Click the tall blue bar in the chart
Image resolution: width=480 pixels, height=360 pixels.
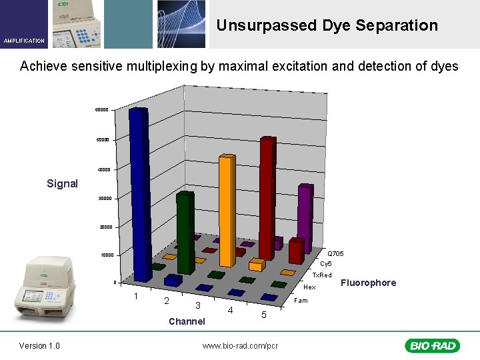pos(139,193)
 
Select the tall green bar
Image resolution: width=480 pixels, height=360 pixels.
pos(185,233)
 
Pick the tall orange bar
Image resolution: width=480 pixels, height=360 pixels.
pos(227,210)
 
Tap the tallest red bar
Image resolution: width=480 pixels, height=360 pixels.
pos(267,197)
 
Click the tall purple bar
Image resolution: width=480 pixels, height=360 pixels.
pos(305,217)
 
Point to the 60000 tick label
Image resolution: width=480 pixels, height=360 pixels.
pos(101,109)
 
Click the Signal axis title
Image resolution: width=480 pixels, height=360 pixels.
pos(62,184)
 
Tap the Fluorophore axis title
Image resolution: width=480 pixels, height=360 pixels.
pos(368,283)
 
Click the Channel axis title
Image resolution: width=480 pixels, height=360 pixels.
pos(187,321)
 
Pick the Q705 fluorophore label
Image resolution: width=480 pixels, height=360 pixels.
pos(335,254)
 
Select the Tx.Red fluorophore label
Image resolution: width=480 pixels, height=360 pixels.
pos(322,275)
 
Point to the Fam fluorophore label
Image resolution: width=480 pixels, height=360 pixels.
pos(301,301)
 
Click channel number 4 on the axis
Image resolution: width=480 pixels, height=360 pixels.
pos(229,311)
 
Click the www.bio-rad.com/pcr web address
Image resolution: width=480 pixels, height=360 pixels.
pos(240,345)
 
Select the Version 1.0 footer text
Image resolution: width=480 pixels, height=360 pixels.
pos(39,345)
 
